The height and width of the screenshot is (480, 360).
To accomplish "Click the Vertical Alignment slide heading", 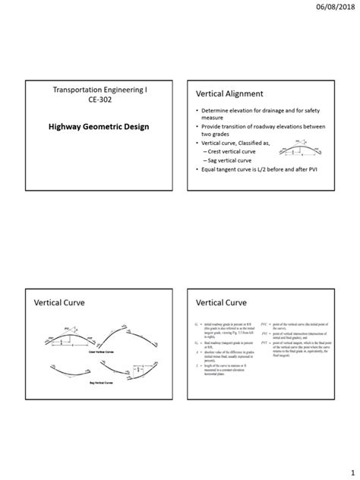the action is tap(229, 93).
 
